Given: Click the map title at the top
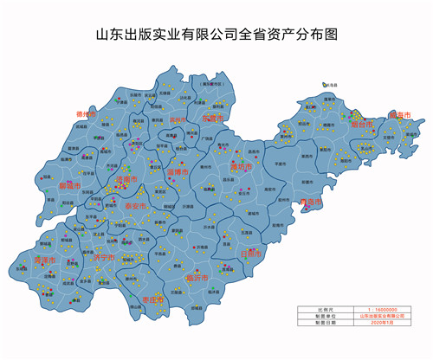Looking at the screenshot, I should pos(216,35).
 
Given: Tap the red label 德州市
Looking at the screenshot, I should pos(86,112).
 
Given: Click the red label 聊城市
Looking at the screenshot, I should pos(69,185).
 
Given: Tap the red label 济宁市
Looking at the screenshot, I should pos(103,257).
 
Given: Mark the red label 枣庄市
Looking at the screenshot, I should pos(152,300).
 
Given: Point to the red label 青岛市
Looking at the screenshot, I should pos(309,202).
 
